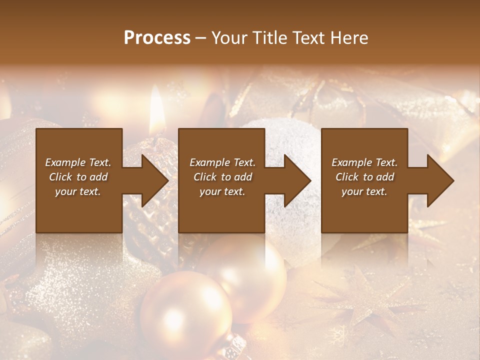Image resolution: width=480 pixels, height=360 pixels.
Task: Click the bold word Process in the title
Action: pyautogui.click(x=157, y=37)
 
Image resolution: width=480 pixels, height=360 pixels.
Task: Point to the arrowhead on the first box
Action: pyautogui.click(x=152, y=180)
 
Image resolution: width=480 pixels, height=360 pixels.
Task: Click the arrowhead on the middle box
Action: pyautogui.click(x=295, y=180)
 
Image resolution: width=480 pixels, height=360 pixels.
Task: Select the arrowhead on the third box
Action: pyautogui.click(x=438, y=180)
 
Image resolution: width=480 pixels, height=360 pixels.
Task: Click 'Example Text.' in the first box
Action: pyautogui.click(x=78, y=162)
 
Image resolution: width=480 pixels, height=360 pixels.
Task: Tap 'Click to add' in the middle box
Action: pyautogui.click(x=222, y=177)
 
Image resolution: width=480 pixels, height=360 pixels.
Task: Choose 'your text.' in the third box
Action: pyautogui.click(x=364, y=191)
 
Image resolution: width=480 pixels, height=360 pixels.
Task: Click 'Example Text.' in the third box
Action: pyautogui.click(x=364, y=162)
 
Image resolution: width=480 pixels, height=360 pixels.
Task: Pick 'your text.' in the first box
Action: pyautogui.click(x=78, y=191)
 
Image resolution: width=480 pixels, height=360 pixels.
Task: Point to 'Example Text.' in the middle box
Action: pyautogui.click(x=222, y=162)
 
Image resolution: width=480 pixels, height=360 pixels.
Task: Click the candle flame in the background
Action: pyautogui.click(x=157, y=107)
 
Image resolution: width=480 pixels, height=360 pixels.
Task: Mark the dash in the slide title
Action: pyautogui.click(x=201, y=38)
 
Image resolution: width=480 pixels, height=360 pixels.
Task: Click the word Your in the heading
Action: pyautogui.click(x=230, y=37)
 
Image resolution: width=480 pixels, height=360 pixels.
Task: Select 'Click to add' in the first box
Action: pyautogui.click(x=78, y=177)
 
